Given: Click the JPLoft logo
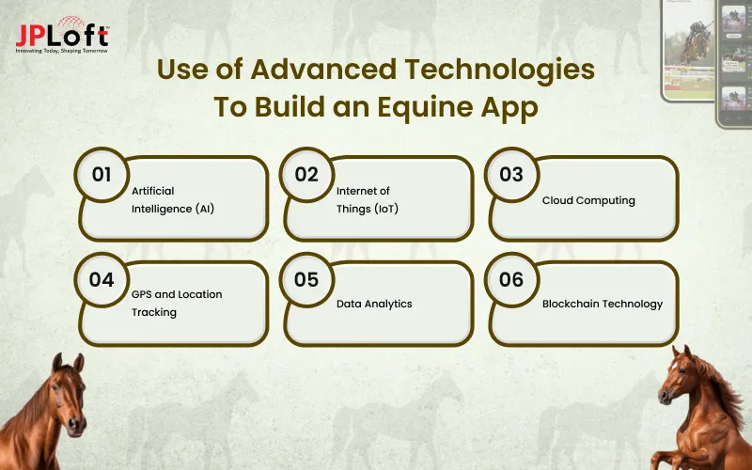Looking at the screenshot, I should tap(62, 34).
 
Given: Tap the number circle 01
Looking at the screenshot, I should tap(102, 175).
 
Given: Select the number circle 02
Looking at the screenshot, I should tap(306, 175).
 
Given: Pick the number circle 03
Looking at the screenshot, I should tap(511, 175).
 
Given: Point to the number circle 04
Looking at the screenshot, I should tap(102, 280).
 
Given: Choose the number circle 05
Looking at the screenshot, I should tap(306, 280).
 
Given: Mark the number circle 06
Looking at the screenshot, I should tap(511, 280).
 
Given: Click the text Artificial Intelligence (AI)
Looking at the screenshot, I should tap(173, 199).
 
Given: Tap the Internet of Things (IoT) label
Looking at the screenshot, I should tap(368, 199).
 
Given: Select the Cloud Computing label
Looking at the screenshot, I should tap(588, 200).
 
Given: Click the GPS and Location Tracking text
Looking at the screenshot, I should tap(177, 303).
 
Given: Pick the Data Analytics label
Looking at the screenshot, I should tap(374, 304).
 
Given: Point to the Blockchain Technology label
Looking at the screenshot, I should tap(603, 304).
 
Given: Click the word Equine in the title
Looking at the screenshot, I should tap(415, 106).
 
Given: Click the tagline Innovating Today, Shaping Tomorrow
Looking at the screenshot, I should tap(62, 50).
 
